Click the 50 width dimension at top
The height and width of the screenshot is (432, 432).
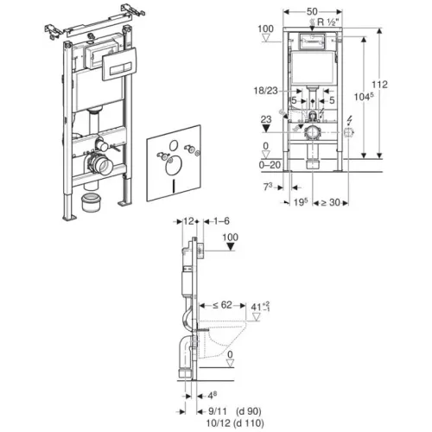point(312,11)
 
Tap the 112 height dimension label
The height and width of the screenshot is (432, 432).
point(379,85)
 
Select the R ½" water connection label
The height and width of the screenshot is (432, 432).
point(327,22)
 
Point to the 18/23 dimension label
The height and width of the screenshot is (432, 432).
point(265,91)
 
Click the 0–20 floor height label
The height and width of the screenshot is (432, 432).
point(270,165)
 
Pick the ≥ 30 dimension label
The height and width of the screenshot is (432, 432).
point(330,202)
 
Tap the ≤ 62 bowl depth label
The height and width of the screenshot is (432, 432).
point(222,305)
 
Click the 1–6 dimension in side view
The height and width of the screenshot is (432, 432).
point(221,221)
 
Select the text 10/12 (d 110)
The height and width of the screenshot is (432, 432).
point(235,423)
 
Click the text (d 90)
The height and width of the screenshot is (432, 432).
point(249,411)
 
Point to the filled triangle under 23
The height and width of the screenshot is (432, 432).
point(266,128)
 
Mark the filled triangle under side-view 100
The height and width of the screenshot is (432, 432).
point(230,247)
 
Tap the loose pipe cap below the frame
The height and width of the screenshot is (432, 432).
point(92,203)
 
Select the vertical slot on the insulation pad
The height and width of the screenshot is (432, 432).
point(174,187)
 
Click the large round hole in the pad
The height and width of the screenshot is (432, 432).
point(174,166)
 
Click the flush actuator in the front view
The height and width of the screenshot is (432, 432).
point(312,41)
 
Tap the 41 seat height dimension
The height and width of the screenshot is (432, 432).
point(260,307)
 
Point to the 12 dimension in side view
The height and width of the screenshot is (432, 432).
point(188,221)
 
